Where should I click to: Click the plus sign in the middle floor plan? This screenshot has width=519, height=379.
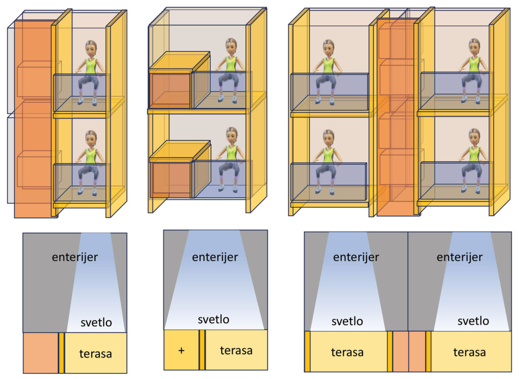(181, 351)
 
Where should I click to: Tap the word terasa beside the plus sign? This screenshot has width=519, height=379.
(236, 350)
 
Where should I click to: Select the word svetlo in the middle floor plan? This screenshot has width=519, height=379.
(213, 320)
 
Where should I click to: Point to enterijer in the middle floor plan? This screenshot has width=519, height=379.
(215, 257)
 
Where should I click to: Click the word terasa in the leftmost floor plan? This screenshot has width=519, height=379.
(95, 353)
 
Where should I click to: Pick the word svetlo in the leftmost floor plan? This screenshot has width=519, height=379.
(96, 323)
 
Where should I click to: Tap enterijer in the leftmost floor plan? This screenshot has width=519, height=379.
(75, 257)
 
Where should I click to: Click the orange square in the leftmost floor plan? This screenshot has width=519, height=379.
(40, 353)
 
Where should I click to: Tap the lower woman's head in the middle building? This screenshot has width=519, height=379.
(232, 135)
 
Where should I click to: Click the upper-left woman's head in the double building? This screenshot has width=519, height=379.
(328, 47)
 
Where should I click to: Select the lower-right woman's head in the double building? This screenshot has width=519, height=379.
(474, 136)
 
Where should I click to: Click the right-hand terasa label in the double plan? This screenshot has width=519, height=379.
(469, 352)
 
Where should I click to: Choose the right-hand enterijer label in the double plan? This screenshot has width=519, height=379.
(459, 257)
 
